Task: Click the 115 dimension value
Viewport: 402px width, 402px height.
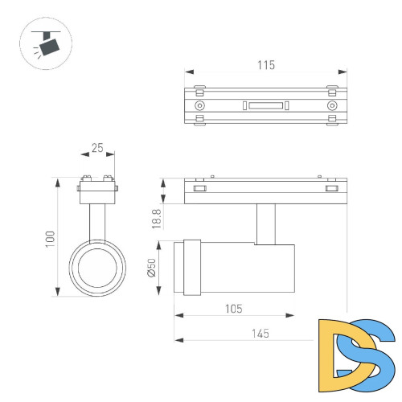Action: coord(266,65)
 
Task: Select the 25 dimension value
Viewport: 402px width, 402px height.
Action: coord(96,148)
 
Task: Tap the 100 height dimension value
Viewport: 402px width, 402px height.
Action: coord(49,237)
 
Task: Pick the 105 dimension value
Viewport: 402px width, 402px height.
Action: coord(233,309)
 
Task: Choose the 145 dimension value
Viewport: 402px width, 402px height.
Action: coord(259,333)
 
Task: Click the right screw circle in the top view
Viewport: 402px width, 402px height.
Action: coord(331,106)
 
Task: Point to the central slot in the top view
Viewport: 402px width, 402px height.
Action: coord(265,106)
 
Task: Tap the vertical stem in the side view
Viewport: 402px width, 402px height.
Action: coord(266,223)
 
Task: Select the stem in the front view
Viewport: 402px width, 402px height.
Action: coord(96,219)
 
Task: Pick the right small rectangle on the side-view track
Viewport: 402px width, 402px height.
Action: coord(331,189)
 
